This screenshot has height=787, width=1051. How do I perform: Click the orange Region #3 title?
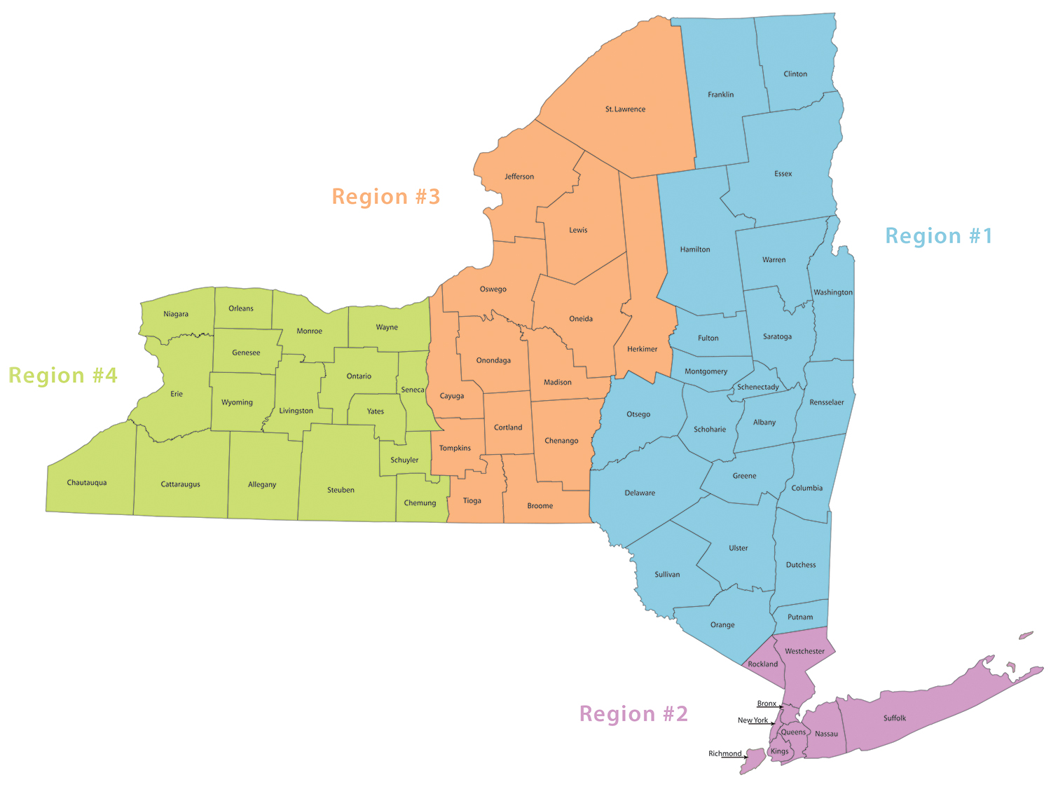[x=386, y=197]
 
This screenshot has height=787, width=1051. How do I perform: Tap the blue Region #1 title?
[x=939, y=236]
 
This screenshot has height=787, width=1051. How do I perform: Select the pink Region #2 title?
[x=633, y=714]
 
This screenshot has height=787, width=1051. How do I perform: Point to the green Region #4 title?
[x=63, y=376]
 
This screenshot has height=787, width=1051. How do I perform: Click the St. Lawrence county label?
[x=625, y=109]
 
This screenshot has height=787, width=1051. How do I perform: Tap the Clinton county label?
[x=795, y=74]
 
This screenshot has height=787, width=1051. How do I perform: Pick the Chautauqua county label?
[x=87, y=483]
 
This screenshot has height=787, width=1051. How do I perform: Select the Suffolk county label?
[x=895, y=718]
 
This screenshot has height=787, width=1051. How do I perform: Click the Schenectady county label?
[x=758, y=387]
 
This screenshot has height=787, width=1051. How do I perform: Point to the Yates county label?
[x=376, y=411]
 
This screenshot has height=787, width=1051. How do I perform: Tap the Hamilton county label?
[x=695, y=249]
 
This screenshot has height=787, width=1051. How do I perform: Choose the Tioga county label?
[x=472, y=501]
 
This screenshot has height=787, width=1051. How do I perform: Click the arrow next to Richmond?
[x=745, y=757]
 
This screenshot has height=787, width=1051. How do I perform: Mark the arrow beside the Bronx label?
[x=781, y=707]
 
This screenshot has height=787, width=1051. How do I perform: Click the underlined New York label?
[x=753, y=720]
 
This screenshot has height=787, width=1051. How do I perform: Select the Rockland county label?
[x=763, y=664]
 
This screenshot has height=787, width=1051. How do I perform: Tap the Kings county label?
[x=780, y=751]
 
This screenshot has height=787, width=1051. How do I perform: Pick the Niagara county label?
[x=176, y=314]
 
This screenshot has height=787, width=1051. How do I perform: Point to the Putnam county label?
[x=800, y=617]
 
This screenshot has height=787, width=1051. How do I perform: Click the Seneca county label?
[x=413, y=390]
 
